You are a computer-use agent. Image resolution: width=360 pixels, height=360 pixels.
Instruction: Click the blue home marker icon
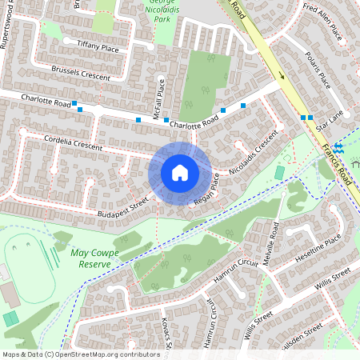[180, 172]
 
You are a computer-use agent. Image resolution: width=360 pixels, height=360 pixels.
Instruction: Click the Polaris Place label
[318, 70]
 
